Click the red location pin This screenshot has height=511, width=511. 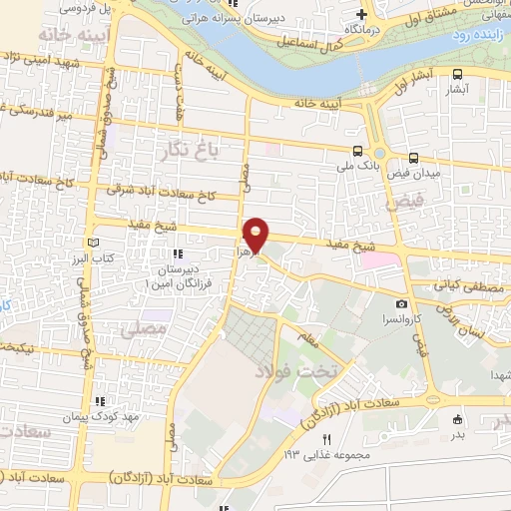[x=256, y=234]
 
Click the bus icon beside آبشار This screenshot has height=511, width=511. [x=457, y=74]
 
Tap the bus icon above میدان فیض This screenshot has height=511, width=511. [x=413, y=157]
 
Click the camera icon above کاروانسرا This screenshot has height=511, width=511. [x=401, y=303]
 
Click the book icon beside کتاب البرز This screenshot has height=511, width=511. [x=94, y=243]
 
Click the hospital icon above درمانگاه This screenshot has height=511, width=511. [x=361, y=14]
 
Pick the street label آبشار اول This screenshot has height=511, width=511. [x=418, y=84]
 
